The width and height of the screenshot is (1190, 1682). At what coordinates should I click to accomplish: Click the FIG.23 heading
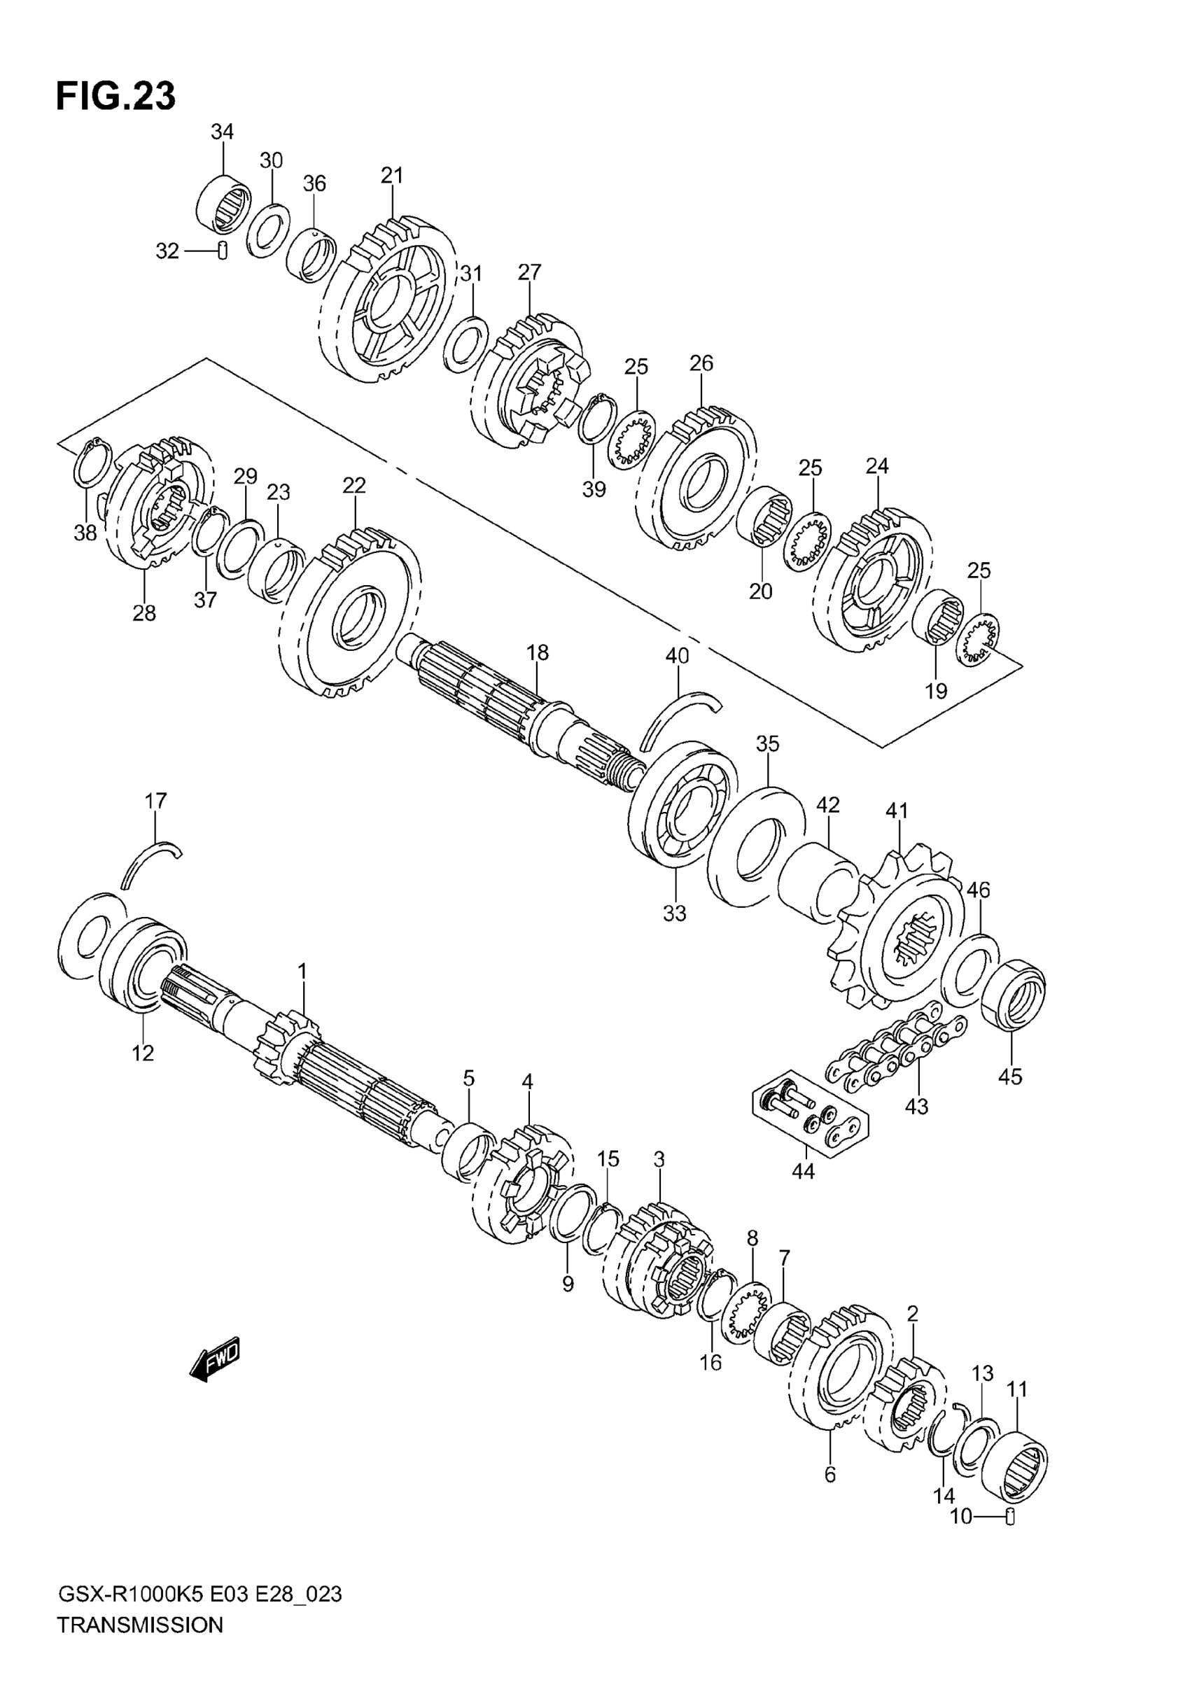(115, 97)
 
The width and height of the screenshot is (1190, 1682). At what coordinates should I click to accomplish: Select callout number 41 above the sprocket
(896, 811)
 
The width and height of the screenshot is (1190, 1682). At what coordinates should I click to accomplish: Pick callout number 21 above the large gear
(392, 176)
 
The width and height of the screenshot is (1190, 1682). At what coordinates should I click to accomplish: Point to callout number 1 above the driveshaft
(302, 972)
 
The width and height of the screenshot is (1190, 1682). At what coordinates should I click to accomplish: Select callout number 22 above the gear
(354, 486)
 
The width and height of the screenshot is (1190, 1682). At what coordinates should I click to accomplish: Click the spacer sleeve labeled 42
(817, 883)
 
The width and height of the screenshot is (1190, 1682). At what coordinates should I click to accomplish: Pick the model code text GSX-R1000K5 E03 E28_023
(199, 1615)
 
